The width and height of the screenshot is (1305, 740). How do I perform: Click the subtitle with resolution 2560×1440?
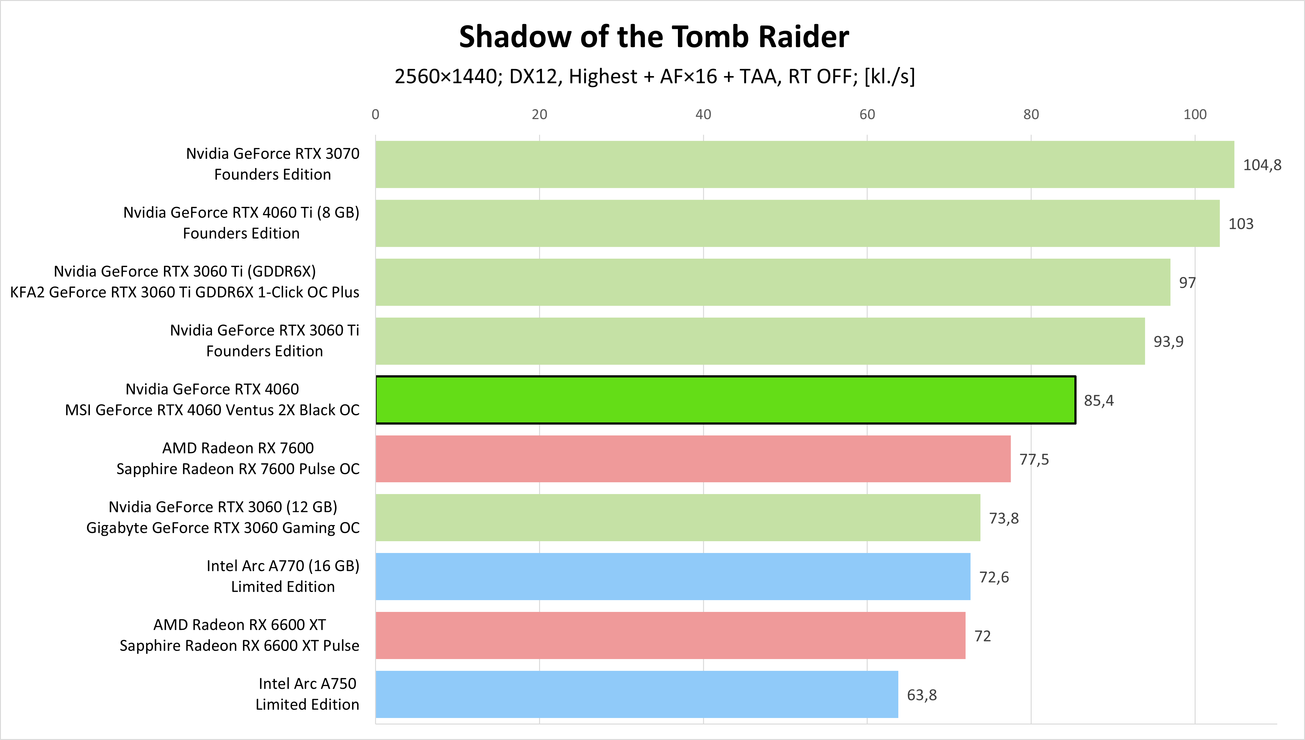pos(654,76)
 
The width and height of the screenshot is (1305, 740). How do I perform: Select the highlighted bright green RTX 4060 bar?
pos(725,400)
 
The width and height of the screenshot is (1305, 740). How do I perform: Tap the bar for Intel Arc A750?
pos(636,694)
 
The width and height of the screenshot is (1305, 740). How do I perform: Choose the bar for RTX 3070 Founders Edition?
pos(805,164)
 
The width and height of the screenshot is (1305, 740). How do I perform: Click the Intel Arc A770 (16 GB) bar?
pos(673,576)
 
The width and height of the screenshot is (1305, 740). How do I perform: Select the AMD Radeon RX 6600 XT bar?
pos(670,635)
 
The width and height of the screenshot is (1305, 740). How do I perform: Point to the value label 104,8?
pos(1262,165)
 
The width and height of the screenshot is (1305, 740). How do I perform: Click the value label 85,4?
pos(1099,400)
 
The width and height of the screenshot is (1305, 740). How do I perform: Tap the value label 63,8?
pos(922,695)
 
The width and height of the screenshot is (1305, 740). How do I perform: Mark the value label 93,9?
pos(1168,341)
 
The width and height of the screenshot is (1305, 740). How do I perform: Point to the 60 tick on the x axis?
pos(867,114)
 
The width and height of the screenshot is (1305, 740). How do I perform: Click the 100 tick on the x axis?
pos(1195,114)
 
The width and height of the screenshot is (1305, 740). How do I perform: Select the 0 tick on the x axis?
pos(375,114)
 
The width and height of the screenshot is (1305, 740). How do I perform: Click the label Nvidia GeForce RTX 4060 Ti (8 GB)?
pos(241,212)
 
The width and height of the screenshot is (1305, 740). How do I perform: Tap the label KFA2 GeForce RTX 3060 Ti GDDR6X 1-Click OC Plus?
pos(185,292)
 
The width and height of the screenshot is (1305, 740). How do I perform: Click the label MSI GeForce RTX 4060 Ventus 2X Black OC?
pos(212,410)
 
